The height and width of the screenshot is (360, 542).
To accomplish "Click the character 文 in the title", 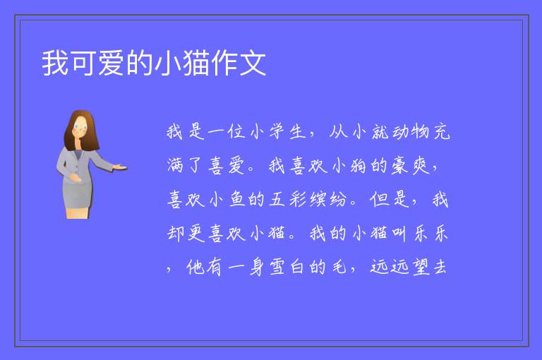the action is click(253, 63).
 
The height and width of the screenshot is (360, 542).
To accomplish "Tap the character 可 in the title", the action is click(84, 63).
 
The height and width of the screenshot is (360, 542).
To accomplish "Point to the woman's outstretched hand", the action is click(119, 167).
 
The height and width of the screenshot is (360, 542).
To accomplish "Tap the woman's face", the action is click(80, 127).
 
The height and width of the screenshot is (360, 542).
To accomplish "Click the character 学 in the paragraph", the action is click(277, 131).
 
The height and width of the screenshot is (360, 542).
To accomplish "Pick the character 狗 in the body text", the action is click(359, 165).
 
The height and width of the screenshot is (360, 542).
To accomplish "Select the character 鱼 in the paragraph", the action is click(236, 200).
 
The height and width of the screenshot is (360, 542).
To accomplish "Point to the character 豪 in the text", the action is click(399, 165).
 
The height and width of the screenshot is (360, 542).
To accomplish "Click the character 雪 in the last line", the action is click(277, 268).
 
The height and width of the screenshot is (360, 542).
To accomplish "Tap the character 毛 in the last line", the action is click(339, 268).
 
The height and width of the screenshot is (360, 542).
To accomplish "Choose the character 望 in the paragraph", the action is click(421, 268).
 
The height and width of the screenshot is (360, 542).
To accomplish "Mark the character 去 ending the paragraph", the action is click(440, 268).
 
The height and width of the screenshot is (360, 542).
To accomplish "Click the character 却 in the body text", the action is click(175, 234).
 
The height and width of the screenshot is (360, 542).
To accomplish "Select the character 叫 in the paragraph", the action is click(399, 234).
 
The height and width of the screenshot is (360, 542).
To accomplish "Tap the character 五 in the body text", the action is click(277, 200).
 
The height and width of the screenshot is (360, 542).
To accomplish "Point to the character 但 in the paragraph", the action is click(379, 200).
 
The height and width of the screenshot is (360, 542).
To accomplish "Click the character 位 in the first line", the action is click(236, 131).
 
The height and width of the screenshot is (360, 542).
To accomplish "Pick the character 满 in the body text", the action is click(175, 165).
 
